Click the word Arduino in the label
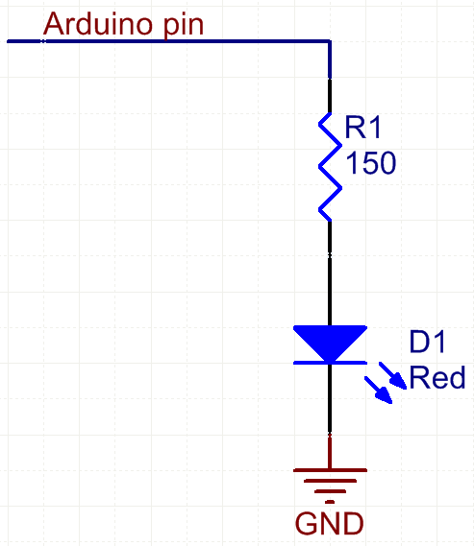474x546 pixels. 98,24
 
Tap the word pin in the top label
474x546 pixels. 184,27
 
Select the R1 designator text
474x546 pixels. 362,127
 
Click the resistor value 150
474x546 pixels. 371,162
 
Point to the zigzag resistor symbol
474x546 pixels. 330,166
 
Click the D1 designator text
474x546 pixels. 427,342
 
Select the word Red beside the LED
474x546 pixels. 437,377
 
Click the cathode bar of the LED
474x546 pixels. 330,363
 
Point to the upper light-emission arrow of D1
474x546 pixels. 392,375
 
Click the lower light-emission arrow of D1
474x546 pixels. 379,390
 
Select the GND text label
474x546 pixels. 329,523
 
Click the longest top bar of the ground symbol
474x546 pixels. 330,470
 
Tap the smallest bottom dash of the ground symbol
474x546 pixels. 330,502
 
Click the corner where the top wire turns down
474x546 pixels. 330,41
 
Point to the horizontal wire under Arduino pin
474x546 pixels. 168,41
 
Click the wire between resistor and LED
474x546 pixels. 330,273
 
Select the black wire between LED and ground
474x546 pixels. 330,399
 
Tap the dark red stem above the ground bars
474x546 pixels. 330,452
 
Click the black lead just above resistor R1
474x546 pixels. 330,96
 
